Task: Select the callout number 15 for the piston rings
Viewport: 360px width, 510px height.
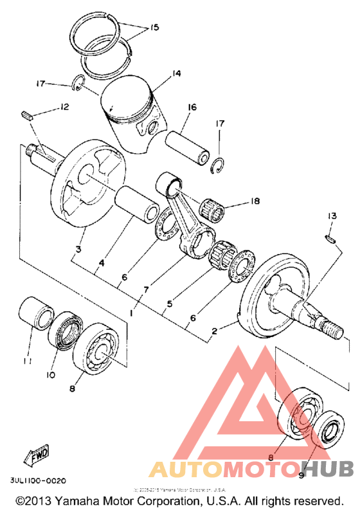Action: (154, 28)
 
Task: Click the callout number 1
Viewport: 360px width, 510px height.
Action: (131, 312)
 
